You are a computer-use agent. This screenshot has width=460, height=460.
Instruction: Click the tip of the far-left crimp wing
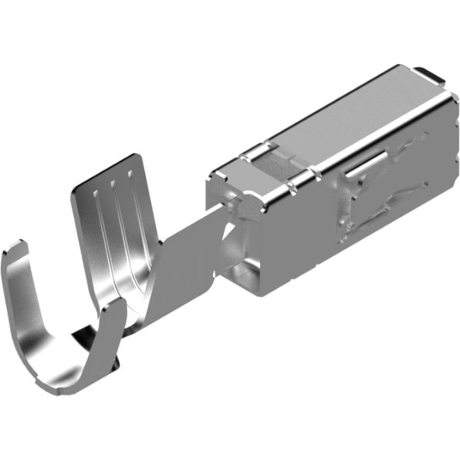(14, 250)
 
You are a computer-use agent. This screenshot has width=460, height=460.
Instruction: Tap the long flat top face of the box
(347, 123)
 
